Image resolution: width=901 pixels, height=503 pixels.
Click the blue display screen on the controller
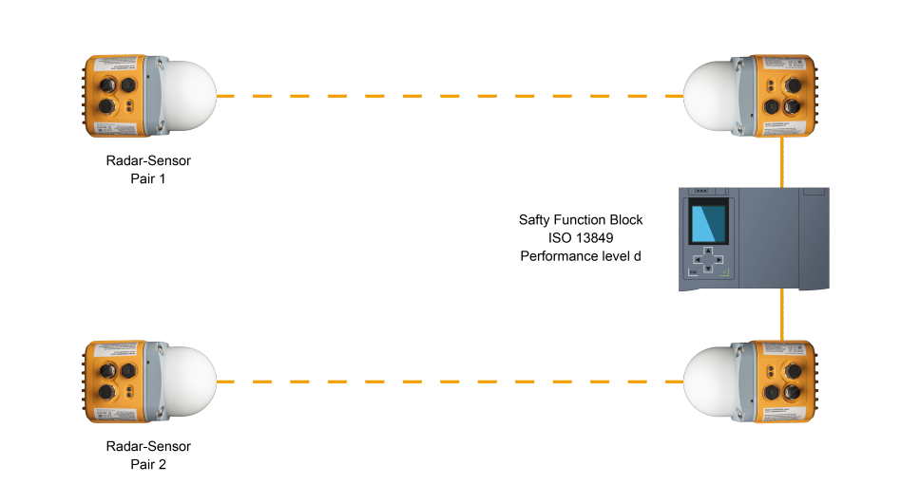[x=708, y=223]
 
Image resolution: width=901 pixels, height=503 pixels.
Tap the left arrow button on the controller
[x=698, y=259]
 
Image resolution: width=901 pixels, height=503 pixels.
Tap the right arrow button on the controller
[x=719, y=259]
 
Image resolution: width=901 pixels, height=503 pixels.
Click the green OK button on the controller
[x=724, y=273]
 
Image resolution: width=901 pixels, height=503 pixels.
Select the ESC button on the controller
[x=693, y=273]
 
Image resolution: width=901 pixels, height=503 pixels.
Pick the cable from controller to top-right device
[x=782, y=162]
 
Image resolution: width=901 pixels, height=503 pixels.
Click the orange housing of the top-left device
[x=115, y=96]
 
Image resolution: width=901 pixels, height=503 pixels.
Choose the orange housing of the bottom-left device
[x=115, y=382]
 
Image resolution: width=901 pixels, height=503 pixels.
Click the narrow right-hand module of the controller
[x=814, y=237]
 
